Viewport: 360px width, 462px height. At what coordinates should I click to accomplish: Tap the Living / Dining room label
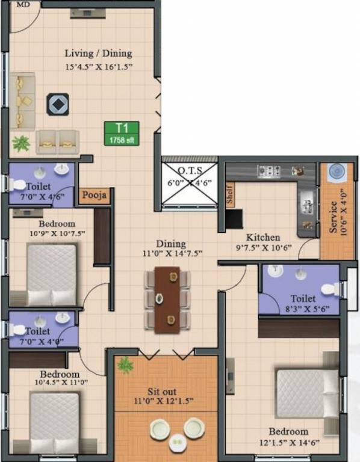point(98,54)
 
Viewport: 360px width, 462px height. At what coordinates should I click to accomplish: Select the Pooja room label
point(95,195)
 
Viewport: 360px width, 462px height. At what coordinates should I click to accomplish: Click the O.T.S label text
point(190,170)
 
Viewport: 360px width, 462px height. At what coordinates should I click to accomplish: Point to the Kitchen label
point(262,237)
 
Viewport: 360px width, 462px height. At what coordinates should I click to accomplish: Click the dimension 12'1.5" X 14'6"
point(289,442)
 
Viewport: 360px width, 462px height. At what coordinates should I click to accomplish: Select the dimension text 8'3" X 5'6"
point(303,309)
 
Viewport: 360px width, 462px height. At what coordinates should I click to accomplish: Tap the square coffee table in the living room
point(57,104)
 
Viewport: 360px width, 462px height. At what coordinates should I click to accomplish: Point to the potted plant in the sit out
point(125,365)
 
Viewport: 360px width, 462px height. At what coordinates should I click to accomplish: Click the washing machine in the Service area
point(335,171)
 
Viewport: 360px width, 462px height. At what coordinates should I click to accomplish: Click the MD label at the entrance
point(23,4)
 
